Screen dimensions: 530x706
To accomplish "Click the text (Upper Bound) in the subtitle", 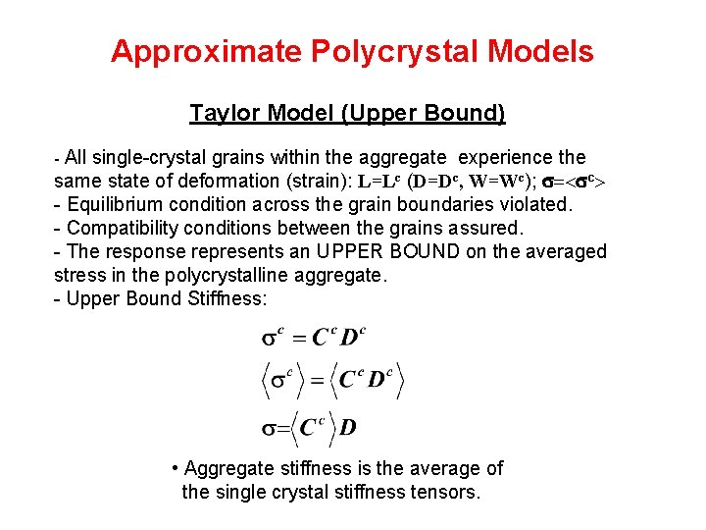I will (423, 114).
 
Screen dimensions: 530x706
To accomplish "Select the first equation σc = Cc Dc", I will (313, 339).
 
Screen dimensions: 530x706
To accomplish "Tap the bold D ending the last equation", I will (348, 428).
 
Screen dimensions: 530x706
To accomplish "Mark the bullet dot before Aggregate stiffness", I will (174, 469).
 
